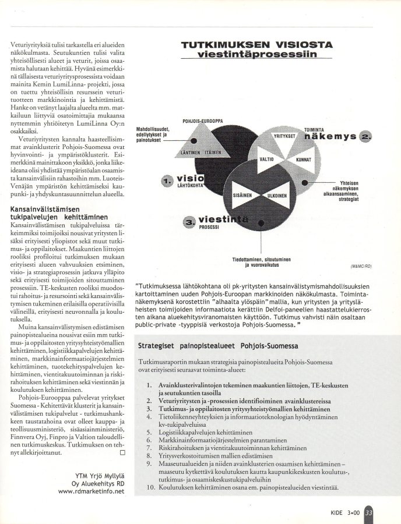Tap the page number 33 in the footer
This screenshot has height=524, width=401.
click(368, 513)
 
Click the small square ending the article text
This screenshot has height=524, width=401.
click(122, 452)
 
